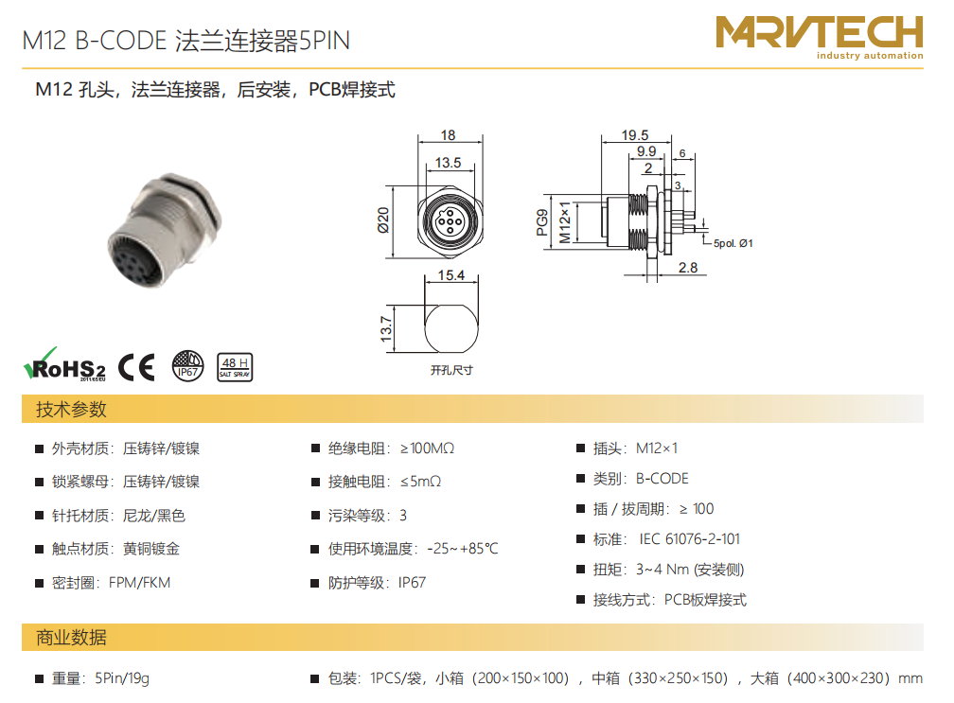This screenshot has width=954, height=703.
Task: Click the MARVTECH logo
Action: click(x=819, y=37)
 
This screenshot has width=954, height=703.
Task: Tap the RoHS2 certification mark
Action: click(x=64, y=365)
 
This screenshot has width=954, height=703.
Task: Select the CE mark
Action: click(x=136, y=367)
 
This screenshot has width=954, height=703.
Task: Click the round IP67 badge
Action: click(x=187, y=366)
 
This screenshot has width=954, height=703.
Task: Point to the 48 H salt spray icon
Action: click(x=235, y=367)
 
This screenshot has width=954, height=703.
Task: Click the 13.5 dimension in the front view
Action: click(x=448, y=163)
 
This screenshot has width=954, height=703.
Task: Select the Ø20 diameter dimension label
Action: click(x=383, y=220)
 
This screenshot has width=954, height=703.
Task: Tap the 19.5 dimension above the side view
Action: click(x=634, y=135)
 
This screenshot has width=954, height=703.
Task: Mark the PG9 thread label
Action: click(x=542, y=222)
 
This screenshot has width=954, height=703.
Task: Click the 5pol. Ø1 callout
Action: click(x=733, y=243)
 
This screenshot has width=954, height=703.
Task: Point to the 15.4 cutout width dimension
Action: click(x=450, y=275)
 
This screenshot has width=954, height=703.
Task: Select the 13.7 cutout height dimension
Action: click(x=386, y=329)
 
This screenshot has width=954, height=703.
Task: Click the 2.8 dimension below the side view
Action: click(x=688, y=268)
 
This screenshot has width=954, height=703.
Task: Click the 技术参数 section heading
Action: click(x=71, y=410)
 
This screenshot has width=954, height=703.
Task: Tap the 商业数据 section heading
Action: click(x=71, y=638)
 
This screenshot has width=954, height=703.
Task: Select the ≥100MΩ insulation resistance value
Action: click(x=427, y=448)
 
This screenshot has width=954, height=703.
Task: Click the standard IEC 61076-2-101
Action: click(x=689, y=539)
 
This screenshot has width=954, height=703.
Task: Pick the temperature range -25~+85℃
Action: click(x=463, y=549)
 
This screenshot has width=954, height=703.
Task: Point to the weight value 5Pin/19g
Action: click(x=122, y=678)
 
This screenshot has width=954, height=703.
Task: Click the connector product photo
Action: click(x=165, y=230)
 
